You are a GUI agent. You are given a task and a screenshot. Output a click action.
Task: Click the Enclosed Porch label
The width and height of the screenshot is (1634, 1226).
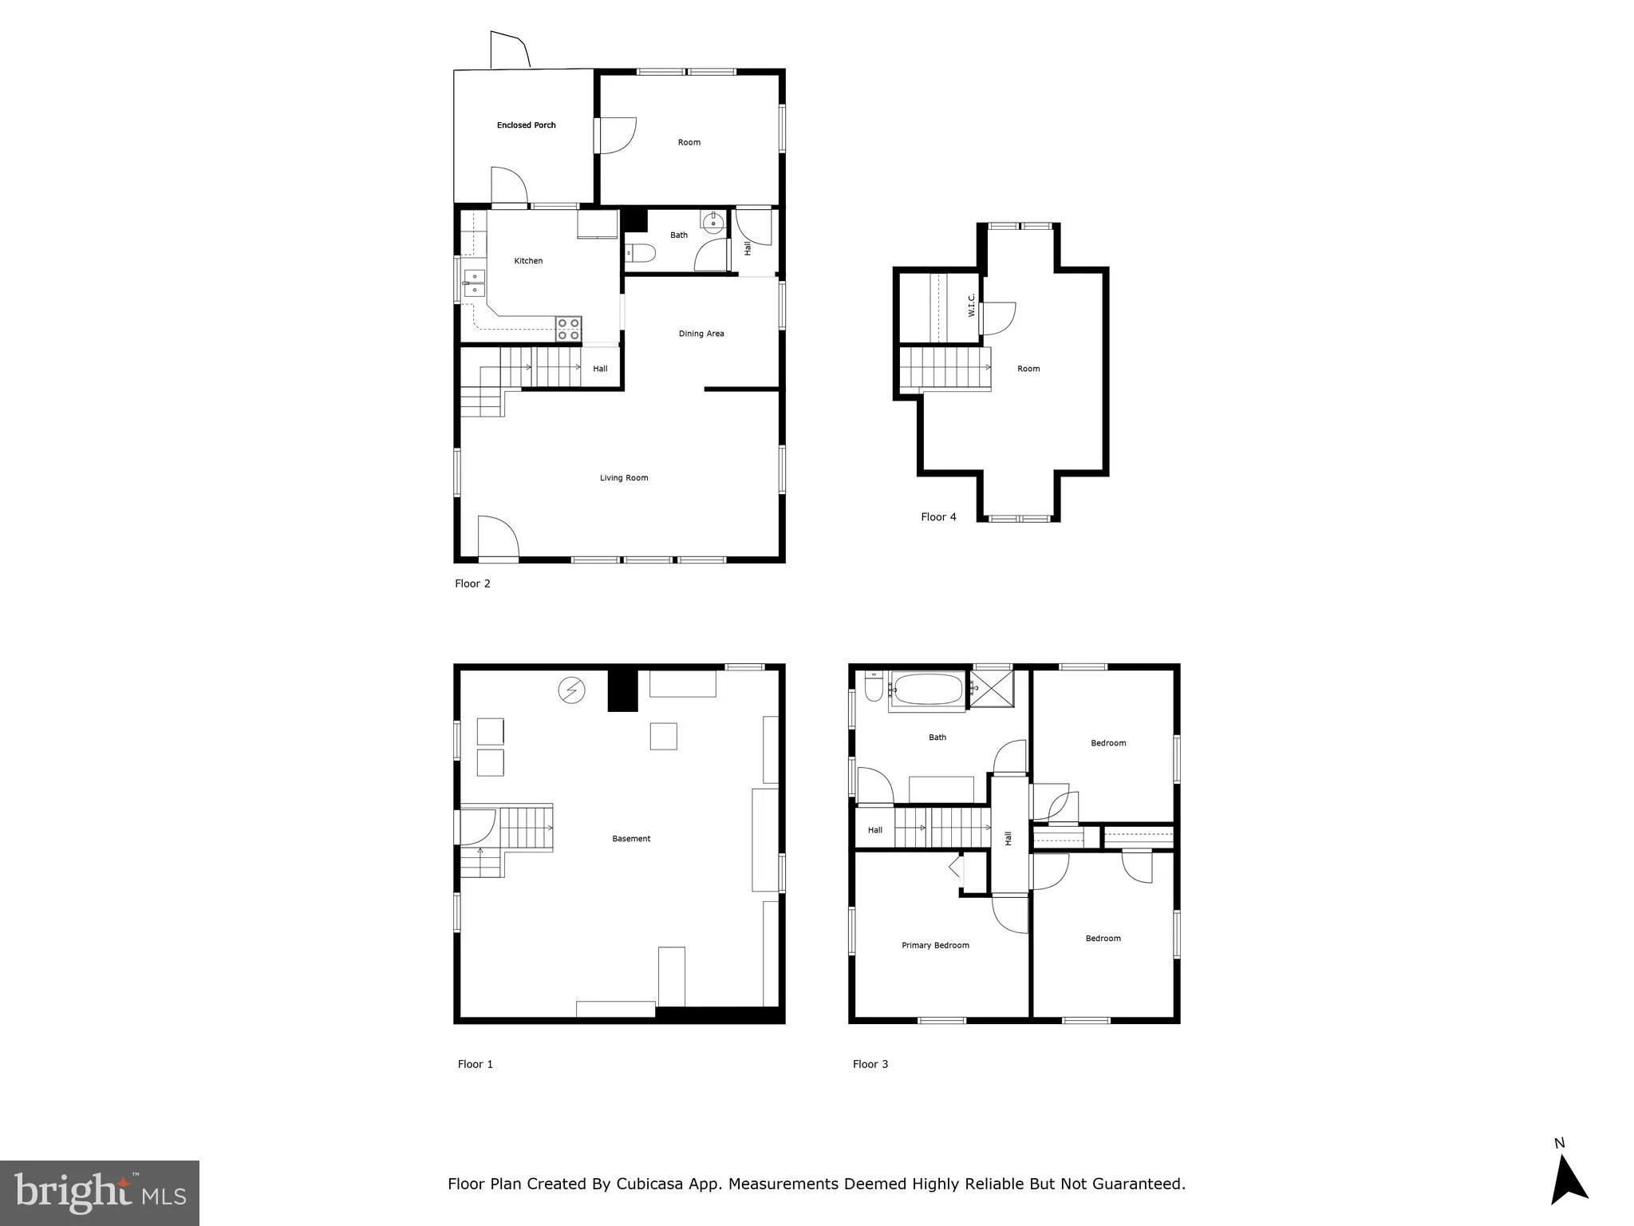[526, 125]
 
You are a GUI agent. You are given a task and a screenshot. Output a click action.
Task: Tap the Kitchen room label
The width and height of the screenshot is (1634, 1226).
[528, 261]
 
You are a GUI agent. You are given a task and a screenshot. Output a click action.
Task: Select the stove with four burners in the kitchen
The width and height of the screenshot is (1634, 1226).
[569, 329]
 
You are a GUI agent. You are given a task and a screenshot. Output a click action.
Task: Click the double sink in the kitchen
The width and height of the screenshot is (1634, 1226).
[474, 283]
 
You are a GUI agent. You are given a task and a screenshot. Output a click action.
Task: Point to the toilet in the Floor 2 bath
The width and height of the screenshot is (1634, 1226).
[640, 254]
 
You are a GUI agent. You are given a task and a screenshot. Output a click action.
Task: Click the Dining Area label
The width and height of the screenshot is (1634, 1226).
[701, 334]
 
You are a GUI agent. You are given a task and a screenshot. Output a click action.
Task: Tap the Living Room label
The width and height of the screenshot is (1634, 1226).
[624, 478]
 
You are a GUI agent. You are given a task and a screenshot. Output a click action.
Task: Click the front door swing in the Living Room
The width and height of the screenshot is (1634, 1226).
[498, 536]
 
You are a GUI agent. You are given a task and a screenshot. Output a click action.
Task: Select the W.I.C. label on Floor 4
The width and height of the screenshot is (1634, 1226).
[972, 305]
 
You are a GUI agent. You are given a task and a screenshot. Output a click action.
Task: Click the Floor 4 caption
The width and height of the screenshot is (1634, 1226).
[938, 517]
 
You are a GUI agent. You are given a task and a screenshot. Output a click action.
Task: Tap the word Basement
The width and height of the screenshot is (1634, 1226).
[631, 839]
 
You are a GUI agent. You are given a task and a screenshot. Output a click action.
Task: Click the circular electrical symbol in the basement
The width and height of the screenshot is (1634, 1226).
[571, 690]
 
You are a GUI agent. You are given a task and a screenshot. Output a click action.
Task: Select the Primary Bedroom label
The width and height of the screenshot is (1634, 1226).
[935, 946]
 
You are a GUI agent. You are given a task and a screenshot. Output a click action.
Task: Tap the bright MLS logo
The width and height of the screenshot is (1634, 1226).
[100, 1192]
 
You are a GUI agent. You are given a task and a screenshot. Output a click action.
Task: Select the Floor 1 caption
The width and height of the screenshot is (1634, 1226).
[476, 1064]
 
